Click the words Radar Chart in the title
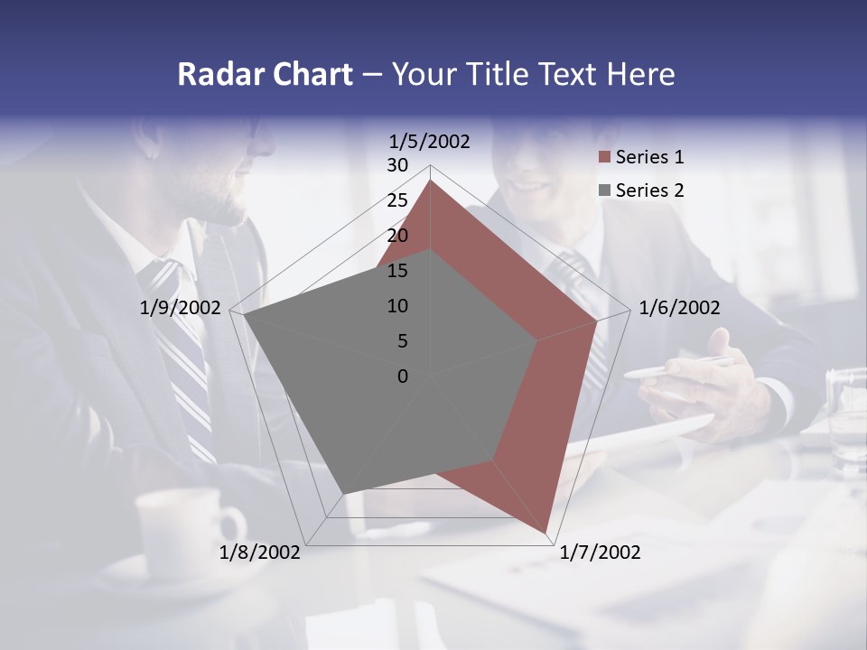(264, 74)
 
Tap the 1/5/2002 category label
(430, 141)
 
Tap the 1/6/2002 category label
(679, 308)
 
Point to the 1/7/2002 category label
(600, 552)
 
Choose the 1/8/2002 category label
(260, 552)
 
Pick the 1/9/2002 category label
(181, 308)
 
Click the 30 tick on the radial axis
(397, 165)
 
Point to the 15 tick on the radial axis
(397, 271)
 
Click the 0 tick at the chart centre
(403, 376)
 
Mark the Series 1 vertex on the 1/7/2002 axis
(545, 533)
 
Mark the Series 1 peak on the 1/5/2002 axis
(431, 180)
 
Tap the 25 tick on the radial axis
(397, 200)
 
